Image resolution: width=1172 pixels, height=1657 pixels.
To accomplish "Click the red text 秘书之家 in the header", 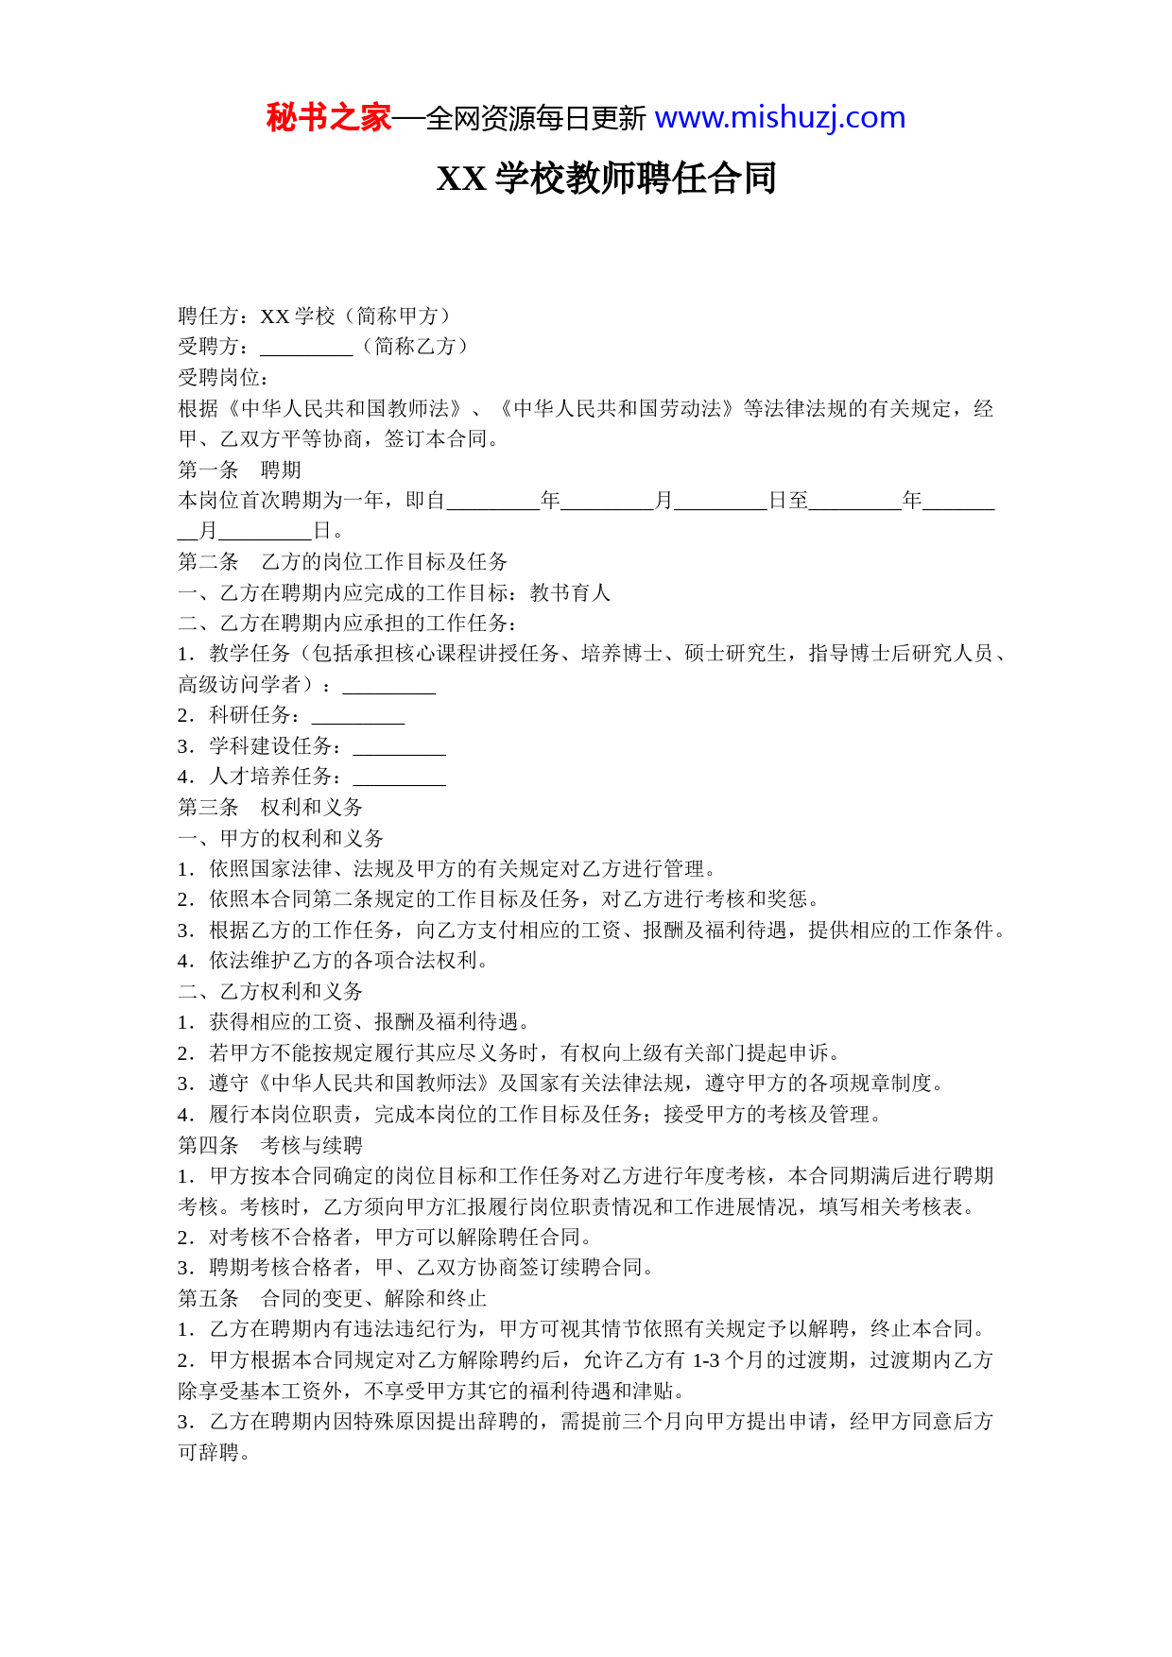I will click(328, 118).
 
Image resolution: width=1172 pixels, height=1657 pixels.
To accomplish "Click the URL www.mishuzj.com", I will click(780, 118).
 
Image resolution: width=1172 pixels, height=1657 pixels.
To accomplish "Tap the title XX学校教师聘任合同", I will click(606, 179).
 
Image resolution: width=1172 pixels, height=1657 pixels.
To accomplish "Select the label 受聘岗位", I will click(223, 378).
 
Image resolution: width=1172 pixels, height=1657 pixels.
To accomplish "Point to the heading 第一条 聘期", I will click(239, 470).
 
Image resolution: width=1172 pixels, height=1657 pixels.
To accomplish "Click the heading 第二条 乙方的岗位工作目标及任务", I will click(342, 562).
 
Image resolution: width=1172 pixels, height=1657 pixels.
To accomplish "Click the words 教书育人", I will click(570, 592).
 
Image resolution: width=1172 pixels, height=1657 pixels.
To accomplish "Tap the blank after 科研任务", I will click(358, 716).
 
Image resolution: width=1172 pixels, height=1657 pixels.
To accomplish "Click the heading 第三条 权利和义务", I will click(270, 808).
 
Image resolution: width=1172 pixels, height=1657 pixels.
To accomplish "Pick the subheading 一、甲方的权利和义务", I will click(281, 838).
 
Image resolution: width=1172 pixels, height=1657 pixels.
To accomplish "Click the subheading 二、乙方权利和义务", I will click(270, 991).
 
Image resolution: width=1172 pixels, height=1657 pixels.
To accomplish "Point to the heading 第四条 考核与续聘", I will click(270, 1145).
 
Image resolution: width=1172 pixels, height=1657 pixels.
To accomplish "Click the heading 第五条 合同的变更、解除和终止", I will click(332, 1298).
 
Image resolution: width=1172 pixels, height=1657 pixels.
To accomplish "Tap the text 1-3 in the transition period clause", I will click(706, 1360).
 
